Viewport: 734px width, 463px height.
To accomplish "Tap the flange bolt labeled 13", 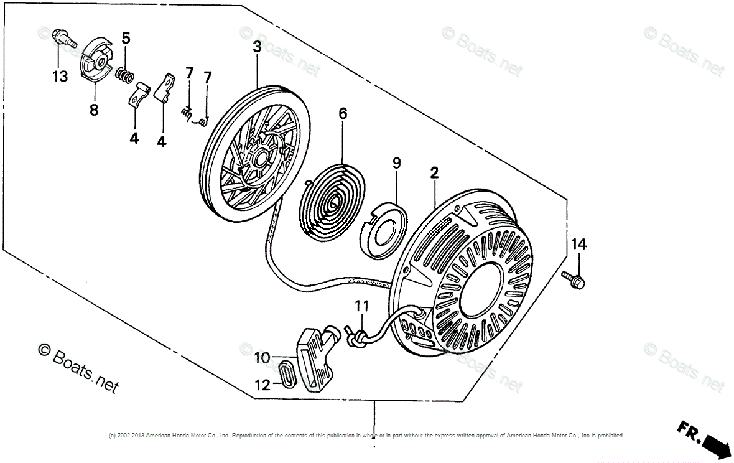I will pyautogui.click(x=62, y=37).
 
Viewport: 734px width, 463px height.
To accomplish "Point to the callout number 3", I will pyautogui.click(x=257, y=47).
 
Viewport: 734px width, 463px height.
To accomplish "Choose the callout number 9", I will pyautogui.click(x=396, y=163).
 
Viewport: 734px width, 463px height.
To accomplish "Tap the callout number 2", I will pyautogui.click(x=435, y=174).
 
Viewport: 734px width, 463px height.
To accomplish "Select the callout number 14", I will pyautogui.click(x=578, y=244).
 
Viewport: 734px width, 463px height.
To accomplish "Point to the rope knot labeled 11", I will pyautogui.click(x=356, y=336).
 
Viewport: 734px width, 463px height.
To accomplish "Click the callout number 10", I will pyautogui.click(x=262, y=358).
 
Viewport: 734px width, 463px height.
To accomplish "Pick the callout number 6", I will pyautogui.click(x=343, y=113).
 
